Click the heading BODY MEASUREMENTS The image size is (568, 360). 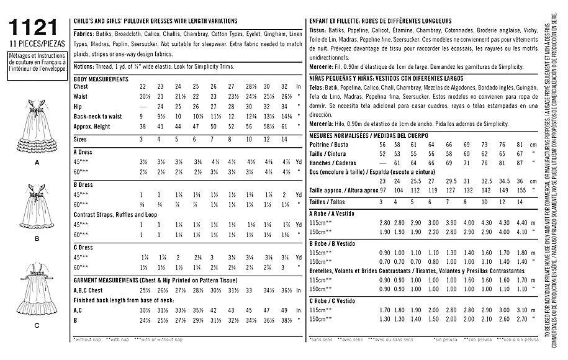pos(101,79)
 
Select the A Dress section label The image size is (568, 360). pos(84,151)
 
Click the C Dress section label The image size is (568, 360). pos(84,248)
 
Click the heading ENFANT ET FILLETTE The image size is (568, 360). pos(336,21)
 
